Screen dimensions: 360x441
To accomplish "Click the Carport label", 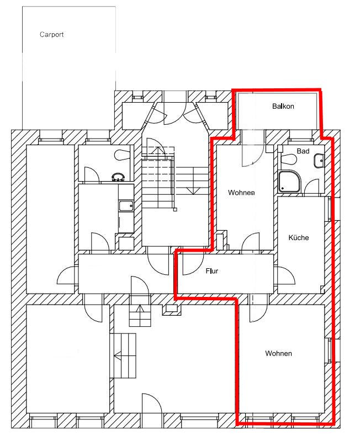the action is tap(52, 35).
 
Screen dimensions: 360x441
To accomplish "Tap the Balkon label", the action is tap(283, 107).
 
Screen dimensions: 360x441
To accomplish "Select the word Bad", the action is tap(303, 151).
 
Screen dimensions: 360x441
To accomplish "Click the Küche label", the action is tap(298, 238).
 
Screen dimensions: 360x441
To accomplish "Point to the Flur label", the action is tap(212, 271).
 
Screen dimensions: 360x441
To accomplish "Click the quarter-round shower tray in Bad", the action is tap(289, 182).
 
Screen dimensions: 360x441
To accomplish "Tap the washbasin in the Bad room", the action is tap(319, 161).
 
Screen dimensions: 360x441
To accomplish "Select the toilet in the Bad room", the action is tap(288, 159).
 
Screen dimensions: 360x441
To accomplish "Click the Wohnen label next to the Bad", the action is tap(241, 193).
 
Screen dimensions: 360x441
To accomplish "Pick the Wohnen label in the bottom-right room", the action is tap(278, 353).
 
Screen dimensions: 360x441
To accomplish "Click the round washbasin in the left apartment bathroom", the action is tap(118, 177).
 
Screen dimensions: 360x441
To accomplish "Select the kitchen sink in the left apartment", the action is tap(126, 205).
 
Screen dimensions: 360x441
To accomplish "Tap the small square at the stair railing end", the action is tap(175, 210).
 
